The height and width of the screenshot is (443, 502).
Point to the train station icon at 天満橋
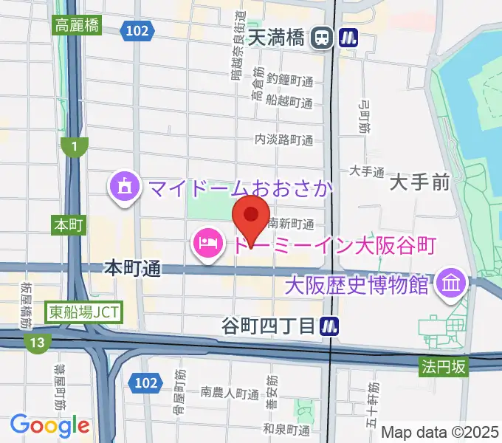321,37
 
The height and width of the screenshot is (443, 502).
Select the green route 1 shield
74,146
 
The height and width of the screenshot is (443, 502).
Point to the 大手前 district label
419,182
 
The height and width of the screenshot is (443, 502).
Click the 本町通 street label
133,269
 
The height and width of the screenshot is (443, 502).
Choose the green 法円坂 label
444,365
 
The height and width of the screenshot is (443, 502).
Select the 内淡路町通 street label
283,140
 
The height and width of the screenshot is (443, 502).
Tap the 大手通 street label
367,171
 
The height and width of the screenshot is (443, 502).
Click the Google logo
49,425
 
